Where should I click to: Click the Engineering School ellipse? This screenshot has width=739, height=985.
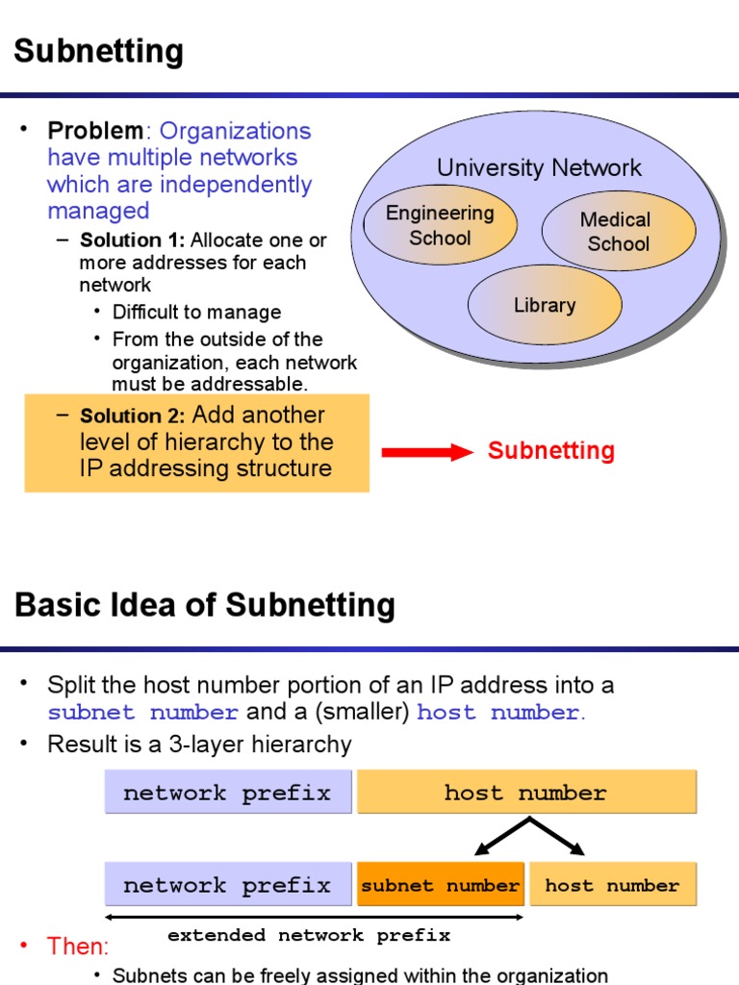tap(439, 225)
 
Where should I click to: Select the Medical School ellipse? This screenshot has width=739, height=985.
tap(618, 232)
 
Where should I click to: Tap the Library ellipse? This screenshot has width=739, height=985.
tap(545, 305)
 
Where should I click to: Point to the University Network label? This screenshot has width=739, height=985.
tap(539, 168)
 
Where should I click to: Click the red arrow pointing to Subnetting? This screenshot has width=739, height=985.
tap(427, 452)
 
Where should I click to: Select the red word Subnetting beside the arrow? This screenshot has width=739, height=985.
tap(550, 451)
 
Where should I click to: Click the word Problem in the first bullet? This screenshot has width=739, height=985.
tap(95, 131)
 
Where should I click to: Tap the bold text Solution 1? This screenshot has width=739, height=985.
tap(132, 240)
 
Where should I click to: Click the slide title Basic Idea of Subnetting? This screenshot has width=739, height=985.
tap(205, 605)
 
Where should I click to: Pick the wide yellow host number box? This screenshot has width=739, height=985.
tap(525, 793)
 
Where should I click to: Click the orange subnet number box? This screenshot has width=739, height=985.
tap(441, 885)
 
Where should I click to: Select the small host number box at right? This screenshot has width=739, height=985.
tap(612, 885)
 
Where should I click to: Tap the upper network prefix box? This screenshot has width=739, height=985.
tap(227, 793)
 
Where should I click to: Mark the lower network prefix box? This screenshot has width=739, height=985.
tap(227, 885)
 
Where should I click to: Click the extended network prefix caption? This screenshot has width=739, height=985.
tap(308, 935)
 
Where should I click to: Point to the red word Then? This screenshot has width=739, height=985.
tap(78, 947)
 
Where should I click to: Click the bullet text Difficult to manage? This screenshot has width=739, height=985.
tap(196, 313)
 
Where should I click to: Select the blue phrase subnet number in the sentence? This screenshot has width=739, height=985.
tap(143, 713)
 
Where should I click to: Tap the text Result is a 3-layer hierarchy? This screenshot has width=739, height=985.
tap(199, 745)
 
